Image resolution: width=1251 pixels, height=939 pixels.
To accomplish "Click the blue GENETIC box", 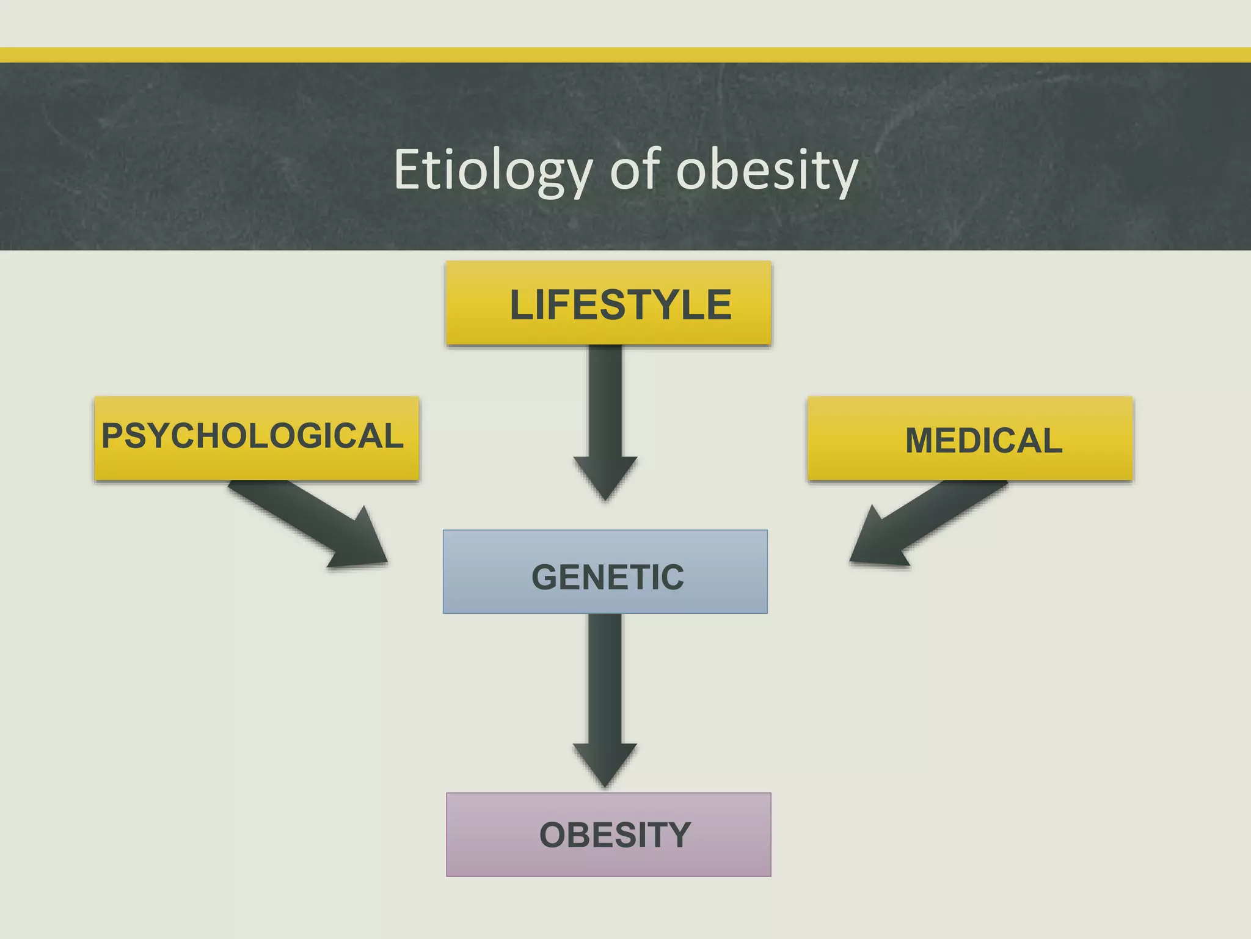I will point(605,572).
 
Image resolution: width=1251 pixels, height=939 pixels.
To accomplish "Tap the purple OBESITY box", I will point(608,834).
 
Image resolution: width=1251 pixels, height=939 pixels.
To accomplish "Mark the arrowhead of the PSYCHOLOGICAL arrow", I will point(360,544).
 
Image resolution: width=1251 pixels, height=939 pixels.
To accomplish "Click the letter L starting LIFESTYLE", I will point(522,304).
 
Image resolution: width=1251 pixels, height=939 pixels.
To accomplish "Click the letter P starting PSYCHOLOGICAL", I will point(114,436).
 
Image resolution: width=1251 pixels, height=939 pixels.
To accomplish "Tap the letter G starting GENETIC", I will point(544,577).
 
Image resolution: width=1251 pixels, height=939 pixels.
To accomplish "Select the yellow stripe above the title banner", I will point(625,55).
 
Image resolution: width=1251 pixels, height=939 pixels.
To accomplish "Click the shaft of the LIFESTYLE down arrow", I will point(605,403).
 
